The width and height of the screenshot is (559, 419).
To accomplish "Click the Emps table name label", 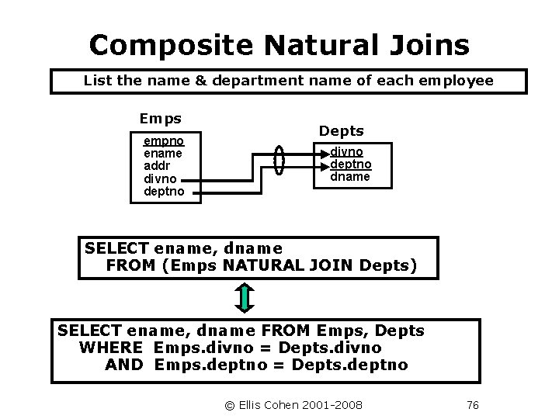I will pos(160,119).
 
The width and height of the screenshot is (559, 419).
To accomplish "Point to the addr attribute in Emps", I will pos(157,166).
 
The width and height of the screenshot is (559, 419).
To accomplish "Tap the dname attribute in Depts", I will pos(351,177).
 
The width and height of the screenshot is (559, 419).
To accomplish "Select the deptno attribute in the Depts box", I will pos(352,165).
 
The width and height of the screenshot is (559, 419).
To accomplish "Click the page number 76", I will pos(472,404).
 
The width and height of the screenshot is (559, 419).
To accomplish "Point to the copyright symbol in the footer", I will pos(229,404).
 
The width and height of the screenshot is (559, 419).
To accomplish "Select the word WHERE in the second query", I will pos(111,348).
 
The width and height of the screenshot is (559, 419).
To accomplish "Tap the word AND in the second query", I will pos(123,365).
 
